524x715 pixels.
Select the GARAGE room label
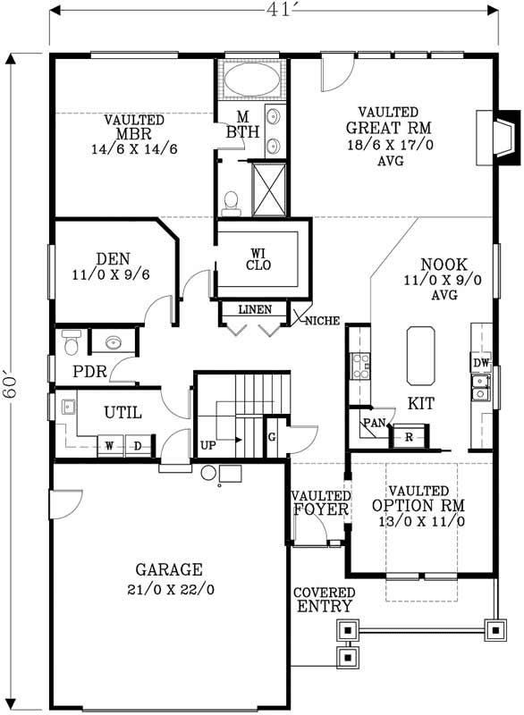click(169, 569)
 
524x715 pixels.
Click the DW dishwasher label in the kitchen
click(480, 364)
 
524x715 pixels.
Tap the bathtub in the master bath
click(249, 81)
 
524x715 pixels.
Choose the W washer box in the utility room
click(110, 444)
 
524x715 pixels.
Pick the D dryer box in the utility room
click(139, 444)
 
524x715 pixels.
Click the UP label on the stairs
click(207, 444)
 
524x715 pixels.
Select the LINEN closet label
click(255, 310)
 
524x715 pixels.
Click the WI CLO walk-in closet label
click(260, 258)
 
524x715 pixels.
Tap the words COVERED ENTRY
click(324, 600)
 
